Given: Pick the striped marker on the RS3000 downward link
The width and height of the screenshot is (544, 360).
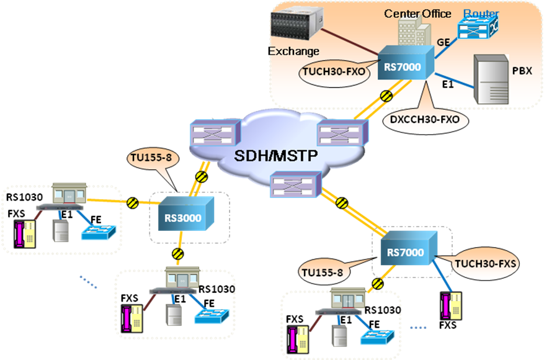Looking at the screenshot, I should pos(178,253).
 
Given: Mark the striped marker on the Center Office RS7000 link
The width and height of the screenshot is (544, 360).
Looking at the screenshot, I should pos(386,96).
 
